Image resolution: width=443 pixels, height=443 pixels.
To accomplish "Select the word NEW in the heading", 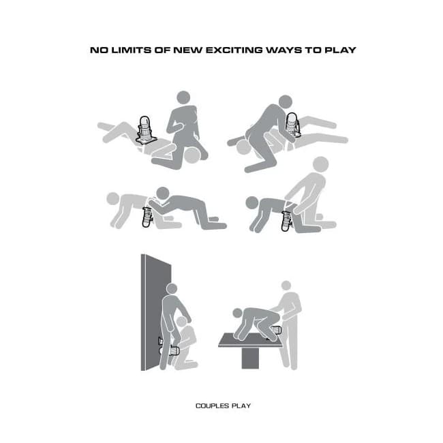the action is coord(188,50).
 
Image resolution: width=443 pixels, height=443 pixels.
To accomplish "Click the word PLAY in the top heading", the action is coord(340,50).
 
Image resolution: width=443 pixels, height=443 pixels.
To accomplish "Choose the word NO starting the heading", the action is coord(99,50).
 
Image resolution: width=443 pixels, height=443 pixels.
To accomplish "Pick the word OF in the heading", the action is coord(162,50).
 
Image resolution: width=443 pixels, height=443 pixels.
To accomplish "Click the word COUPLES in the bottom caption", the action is coord(212,406).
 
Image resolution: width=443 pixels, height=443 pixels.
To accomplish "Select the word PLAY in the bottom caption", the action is coord(241,406).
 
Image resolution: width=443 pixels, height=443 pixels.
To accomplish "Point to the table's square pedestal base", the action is coord(250,358).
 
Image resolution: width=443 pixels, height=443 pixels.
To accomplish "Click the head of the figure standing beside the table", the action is coord(286,286).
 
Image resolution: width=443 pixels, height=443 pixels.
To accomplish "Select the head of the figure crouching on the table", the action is coord(238,313).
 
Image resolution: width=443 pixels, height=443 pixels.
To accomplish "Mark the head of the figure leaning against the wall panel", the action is coord(172,289).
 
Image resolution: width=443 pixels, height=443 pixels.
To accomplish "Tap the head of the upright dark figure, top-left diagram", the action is coord(183,98).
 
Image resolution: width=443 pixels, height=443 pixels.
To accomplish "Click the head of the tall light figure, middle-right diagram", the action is coord(321,164).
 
